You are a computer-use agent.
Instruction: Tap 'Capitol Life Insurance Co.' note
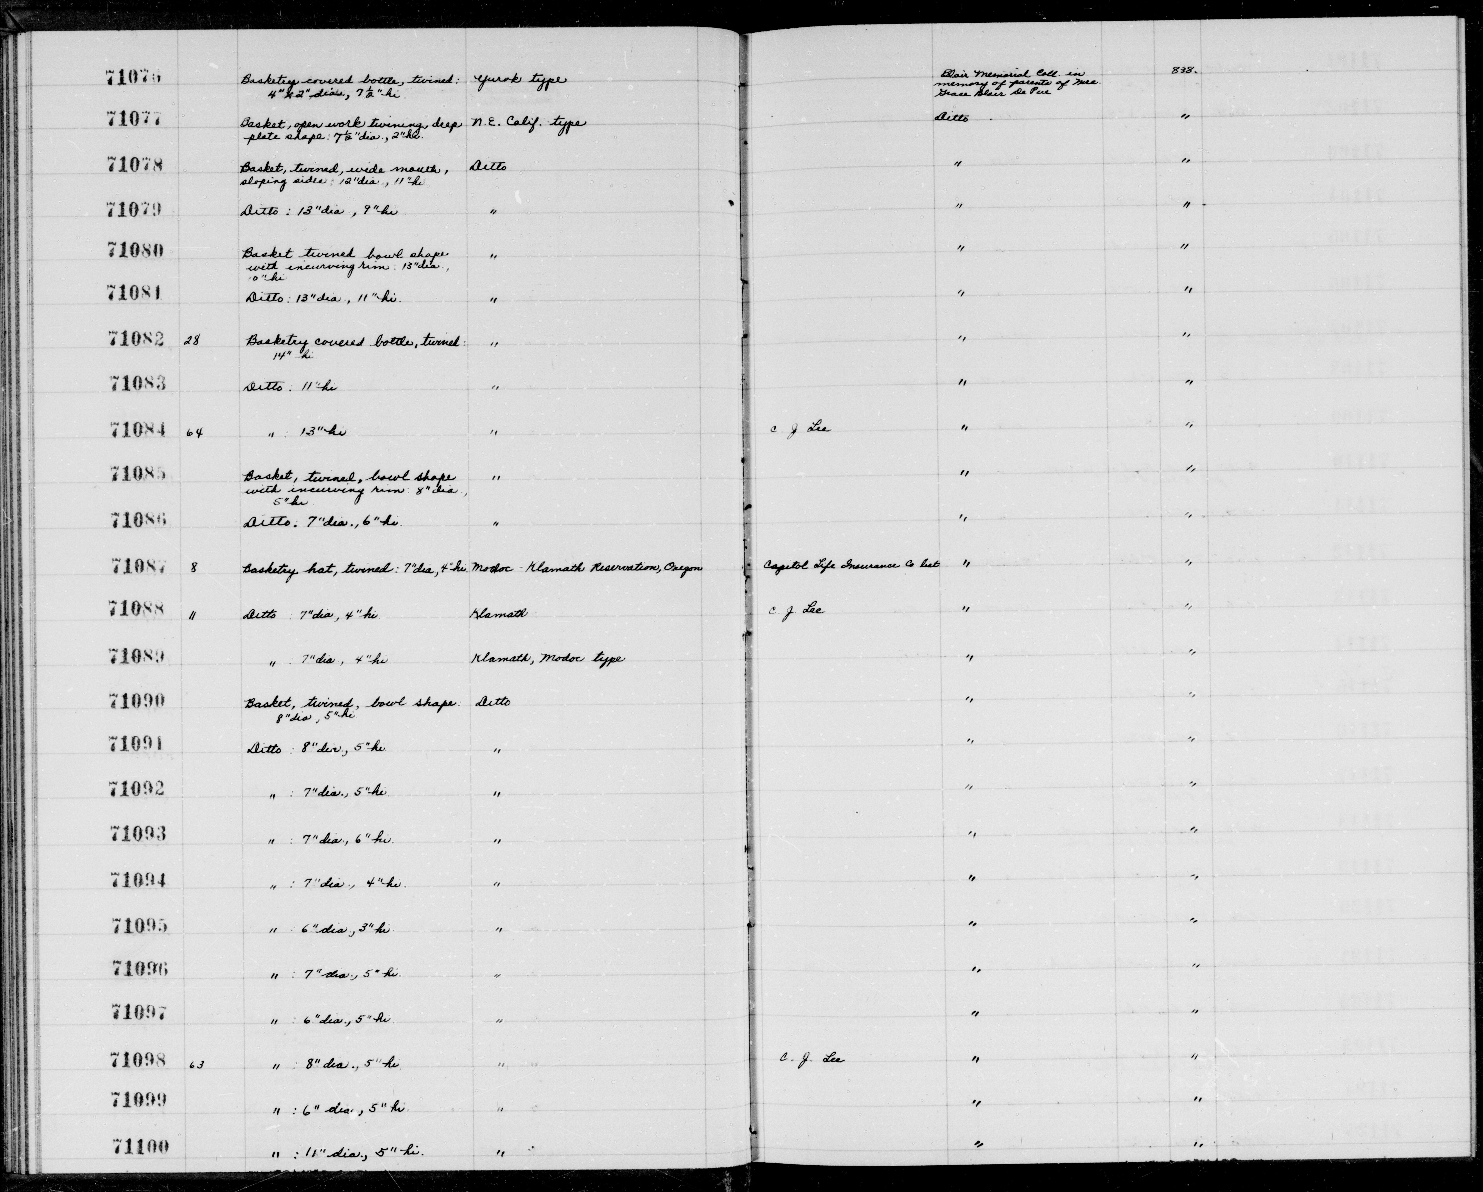pyautogui.click(x=851, y=565)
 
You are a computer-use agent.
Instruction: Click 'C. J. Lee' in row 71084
pyautogui.click(x=799, y=428)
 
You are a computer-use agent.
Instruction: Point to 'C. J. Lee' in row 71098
pyautogui.click(x=812, y=1059)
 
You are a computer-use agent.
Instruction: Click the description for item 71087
pyautogui.click(x=354, y=568)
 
